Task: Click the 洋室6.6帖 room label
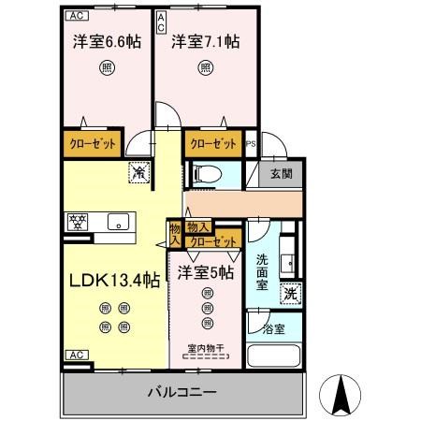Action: click(x=105, y=42)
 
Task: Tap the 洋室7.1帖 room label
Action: click(x=203, y=42)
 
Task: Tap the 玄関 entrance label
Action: click(x=282, y=173)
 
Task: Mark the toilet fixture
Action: click(x=206, y=173)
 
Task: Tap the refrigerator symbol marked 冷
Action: click(x=138, y=172)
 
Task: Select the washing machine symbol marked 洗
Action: click(x=292, y=292)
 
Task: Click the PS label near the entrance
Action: click(x=251, y=145)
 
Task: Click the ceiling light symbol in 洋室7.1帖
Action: click(x=204, y=67)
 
